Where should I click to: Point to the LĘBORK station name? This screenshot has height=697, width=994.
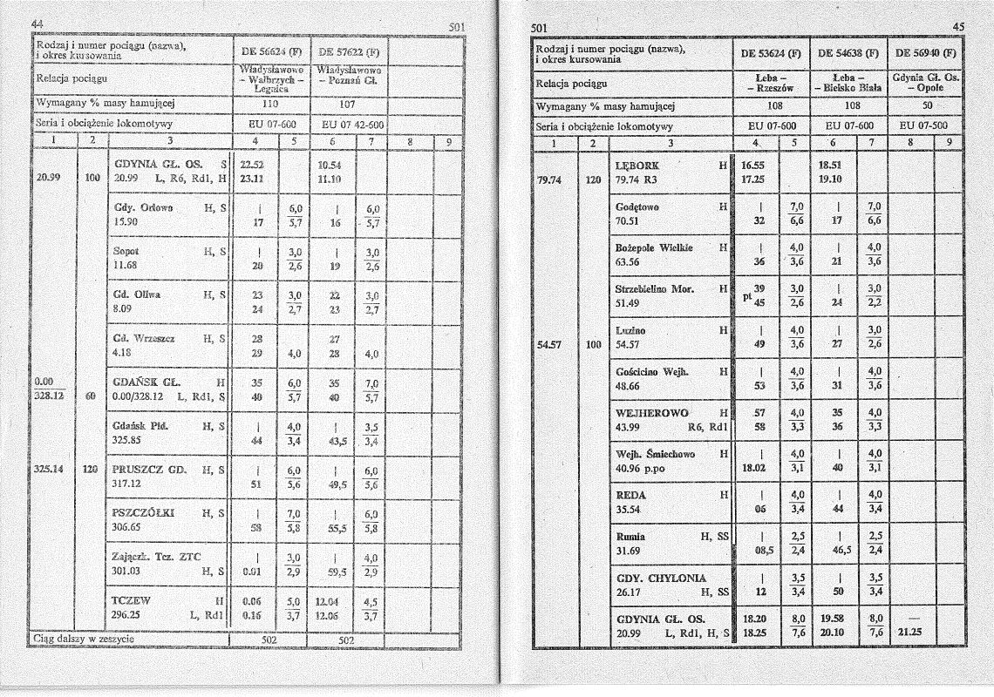pyautogui.click(x=637, y=165)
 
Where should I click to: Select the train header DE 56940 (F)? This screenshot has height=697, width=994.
pyautogui.click(x=923, y=52)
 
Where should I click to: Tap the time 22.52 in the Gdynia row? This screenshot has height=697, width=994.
pyautogui.click(x=252, y=164)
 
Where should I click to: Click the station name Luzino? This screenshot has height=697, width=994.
pyautogui.click(x=630, y=329)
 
